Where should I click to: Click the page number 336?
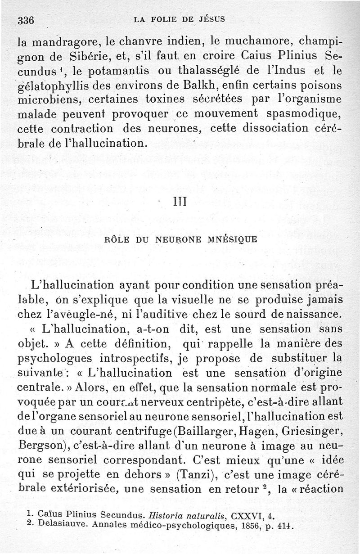click(x=26, y=20)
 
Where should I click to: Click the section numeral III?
click(x=180, y=203)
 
